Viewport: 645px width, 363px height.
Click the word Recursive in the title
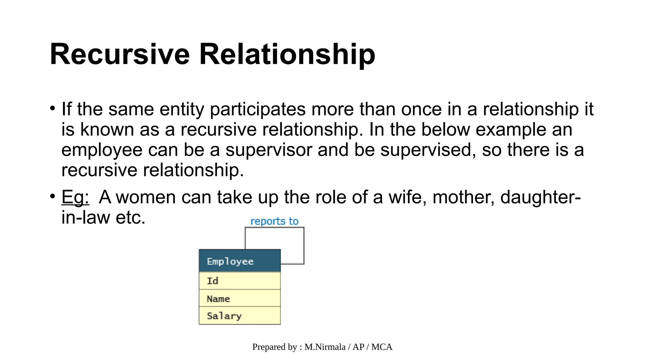pos(120,54)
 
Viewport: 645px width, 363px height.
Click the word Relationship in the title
pos(287,54)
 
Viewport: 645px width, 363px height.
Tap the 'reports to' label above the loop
pos(274,221)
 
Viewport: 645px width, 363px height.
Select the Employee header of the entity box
pos(239,261)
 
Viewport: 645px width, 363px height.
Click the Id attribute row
pos(239,281)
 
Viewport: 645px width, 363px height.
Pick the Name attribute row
pos(239,298)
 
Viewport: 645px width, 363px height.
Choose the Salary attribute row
pos(239,316)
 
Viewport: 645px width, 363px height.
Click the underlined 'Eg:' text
pos(75,197)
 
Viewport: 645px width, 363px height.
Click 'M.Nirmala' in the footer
pos(325,347)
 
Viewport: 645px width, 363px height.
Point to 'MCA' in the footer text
pos(382,347)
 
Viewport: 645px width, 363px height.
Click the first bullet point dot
pos(53,108)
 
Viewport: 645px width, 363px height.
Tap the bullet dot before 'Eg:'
pos(53,196)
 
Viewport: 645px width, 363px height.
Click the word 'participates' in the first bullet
pos(258,109)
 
